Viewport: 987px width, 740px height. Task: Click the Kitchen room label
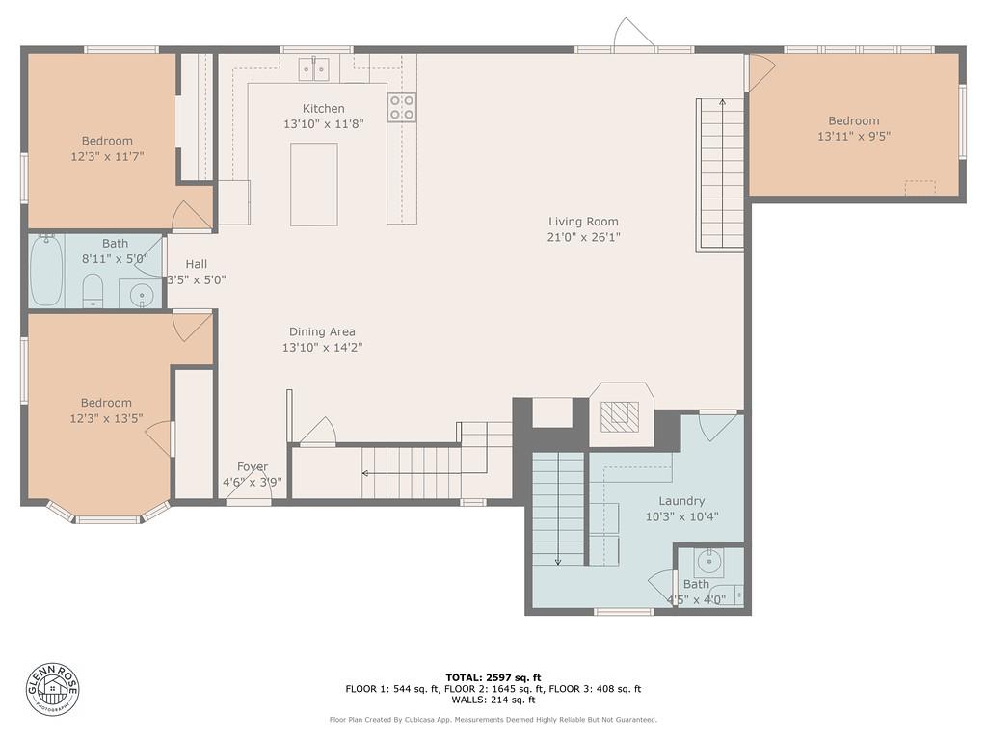(323, 109)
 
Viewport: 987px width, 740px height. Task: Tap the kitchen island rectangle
(314, 184)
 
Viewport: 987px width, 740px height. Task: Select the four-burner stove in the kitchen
(402, 107)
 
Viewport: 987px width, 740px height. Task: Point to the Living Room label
(583, 222)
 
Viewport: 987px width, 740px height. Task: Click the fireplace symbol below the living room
(621, 415)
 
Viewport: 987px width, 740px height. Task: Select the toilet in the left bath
(93, 289)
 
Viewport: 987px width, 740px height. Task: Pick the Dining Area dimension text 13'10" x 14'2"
(322, 348)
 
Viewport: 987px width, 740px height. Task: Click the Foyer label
(252, 467)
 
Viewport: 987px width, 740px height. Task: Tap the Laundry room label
(681, 501)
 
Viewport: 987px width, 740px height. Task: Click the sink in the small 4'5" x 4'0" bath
(709, 561)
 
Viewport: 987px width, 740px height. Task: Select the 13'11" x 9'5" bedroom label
(853, 136)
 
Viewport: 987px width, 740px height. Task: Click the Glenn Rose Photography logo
(53, 689)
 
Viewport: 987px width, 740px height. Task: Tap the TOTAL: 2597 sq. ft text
(493, 677)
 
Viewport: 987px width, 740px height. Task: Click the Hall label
(196, 264)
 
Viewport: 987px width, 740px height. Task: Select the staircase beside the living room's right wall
(721, 174)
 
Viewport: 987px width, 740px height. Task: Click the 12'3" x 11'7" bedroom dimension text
(106, 155)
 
